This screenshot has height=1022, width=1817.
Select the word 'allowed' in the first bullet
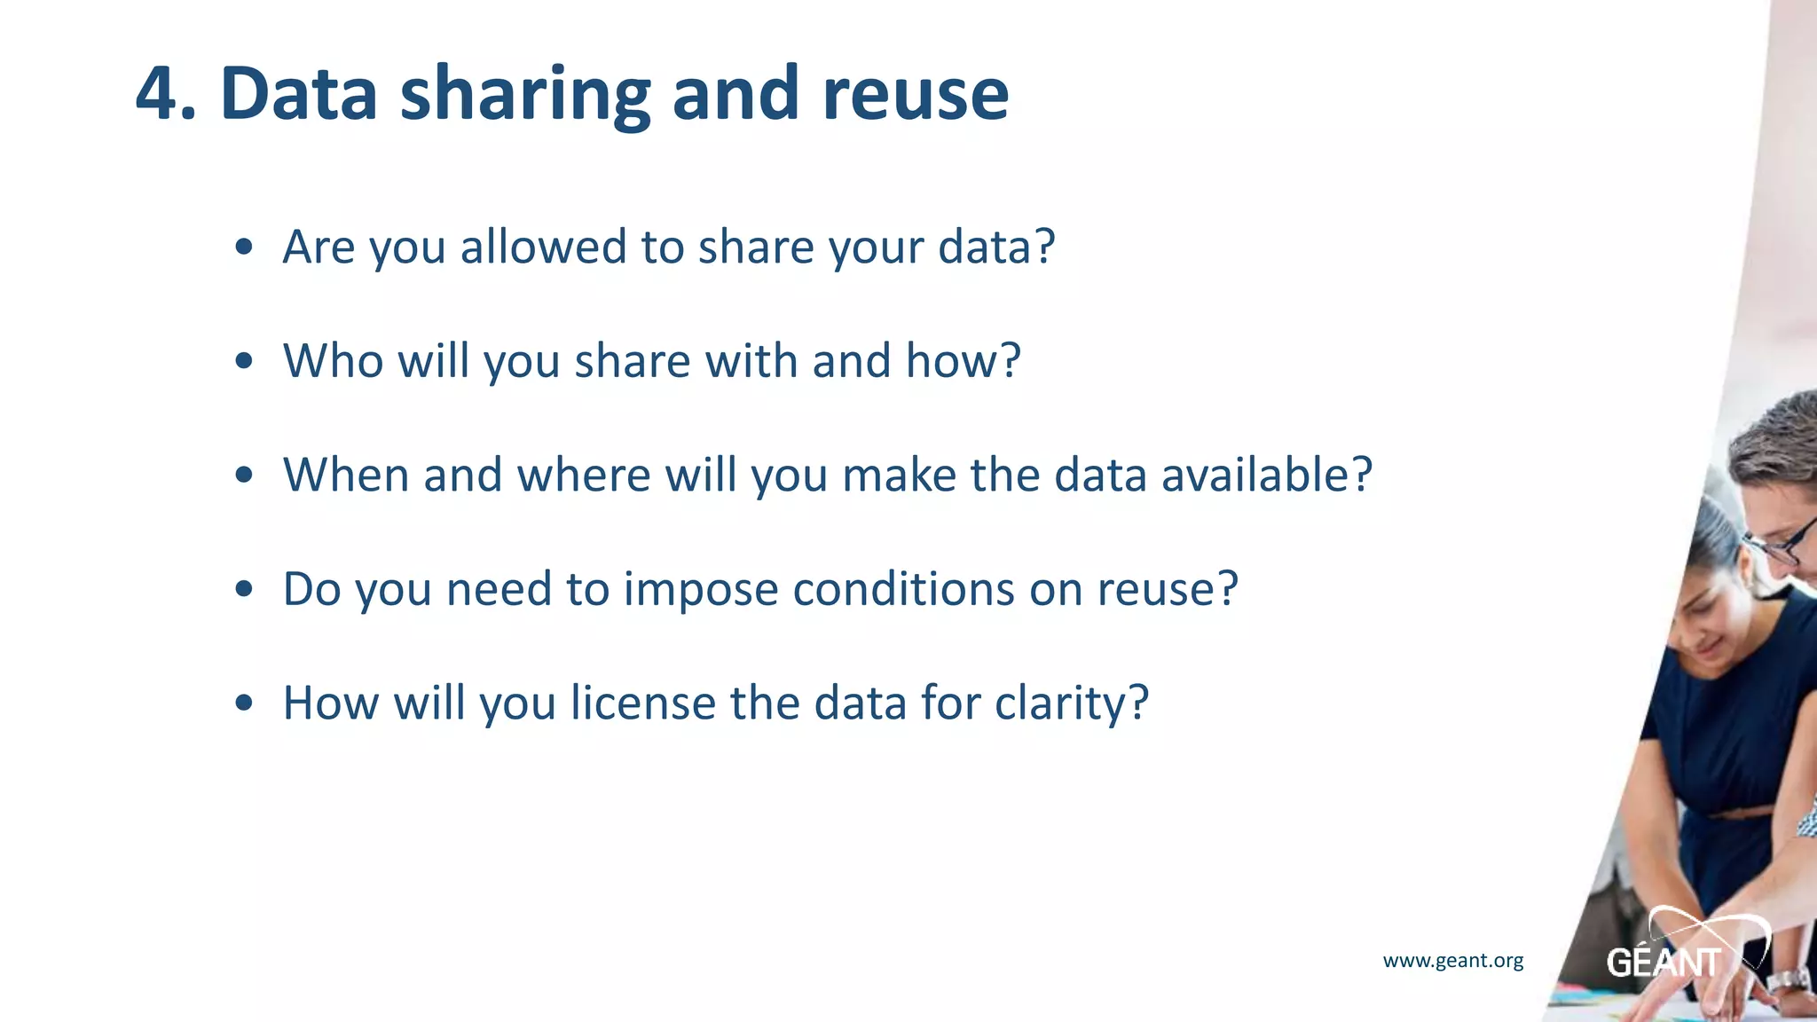coord(543,247)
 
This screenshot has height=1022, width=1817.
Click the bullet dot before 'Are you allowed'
coord(245,248)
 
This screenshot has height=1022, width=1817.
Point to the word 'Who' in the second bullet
coord(333,361)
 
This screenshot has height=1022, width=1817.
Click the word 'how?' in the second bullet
coord(963,361)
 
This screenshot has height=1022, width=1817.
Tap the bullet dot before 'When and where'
coord(245,476)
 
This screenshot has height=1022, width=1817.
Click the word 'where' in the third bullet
coord(584,476)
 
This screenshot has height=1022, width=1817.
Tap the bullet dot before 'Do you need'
coord(245,590)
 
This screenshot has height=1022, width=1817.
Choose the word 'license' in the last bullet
coord(642,704)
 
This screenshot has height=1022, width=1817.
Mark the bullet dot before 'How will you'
coord(245,704)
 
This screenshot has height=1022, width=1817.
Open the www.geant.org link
coord(1453,961)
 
